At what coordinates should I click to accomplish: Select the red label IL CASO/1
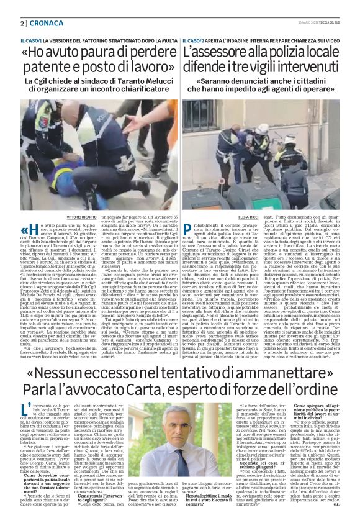pyautogui.click(x=23, y=40)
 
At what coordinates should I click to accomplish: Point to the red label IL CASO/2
pyautogui.click(x=194, y=40)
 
